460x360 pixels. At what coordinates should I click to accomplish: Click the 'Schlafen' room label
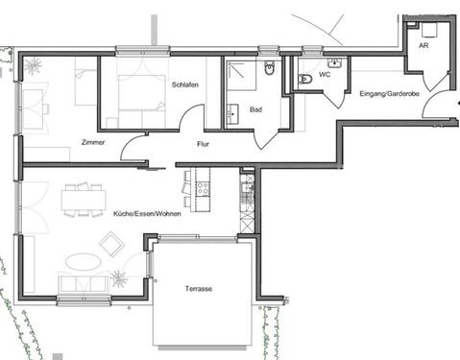coord(186,84)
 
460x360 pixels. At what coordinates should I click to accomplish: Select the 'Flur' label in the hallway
coord(205,145)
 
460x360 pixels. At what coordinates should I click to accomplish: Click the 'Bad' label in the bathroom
coord(255,109)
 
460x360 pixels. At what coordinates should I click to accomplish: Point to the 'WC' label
coord(325,72)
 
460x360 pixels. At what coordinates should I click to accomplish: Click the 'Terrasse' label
coord(199,288)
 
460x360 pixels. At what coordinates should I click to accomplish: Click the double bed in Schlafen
coord(141,93)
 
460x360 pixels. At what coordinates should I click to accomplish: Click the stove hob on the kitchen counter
coord(203,188)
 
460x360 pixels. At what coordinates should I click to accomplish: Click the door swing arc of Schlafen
coord(191,117)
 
